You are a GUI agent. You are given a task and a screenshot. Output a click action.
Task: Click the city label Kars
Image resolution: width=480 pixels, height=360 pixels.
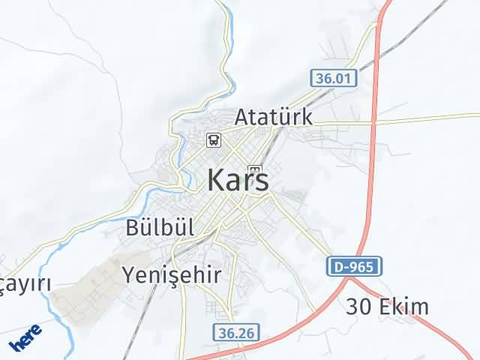[237, 181]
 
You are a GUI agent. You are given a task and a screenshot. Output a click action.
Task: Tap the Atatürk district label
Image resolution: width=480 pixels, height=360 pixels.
[273, 118]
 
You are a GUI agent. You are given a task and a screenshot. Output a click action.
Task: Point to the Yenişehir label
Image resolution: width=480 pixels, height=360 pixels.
[172, 275]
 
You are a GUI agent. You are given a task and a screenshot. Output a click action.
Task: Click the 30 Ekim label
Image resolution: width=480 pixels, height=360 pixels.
[388, 307]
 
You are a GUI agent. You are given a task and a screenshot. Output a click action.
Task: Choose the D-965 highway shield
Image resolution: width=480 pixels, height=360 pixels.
[355, 265]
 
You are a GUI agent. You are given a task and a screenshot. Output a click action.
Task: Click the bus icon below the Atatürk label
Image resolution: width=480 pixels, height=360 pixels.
[214, 139]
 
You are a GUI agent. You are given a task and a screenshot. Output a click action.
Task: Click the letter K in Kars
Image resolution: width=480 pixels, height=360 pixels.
[214, 181]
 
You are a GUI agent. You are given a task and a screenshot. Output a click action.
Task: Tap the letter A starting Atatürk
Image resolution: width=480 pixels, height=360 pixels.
[241, 118]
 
